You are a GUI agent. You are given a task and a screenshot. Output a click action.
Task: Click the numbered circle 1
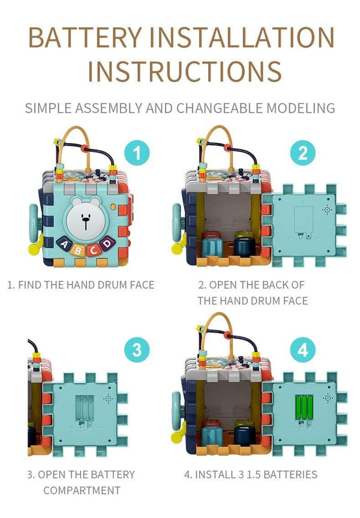137,153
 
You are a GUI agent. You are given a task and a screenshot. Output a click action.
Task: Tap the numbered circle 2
303,153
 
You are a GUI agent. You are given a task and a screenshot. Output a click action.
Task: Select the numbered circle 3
137,349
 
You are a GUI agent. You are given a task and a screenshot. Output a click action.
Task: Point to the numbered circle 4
303,349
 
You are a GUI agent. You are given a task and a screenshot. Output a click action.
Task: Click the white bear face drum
86,219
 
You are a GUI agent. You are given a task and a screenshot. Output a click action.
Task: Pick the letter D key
106,244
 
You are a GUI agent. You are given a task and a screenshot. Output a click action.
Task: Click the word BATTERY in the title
85,37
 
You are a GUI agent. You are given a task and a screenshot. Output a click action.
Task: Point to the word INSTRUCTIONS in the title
185,71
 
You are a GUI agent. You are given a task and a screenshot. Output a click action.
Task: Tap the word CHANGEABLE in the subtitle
220,109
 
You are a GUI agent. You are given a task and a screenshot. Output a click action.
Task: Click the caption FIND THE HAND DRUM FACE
81,285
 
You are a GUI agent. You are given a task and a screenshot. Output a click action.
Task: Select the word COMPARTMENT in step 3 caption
82,490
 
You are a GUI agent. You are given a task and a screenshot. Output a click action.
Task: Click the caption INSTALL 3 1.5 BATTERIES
251,474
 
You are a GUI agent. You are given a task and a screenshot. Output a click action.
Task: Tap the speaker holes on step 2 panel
328,209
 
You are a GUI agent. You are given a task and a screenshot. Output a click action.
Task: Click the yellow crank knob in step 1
34,248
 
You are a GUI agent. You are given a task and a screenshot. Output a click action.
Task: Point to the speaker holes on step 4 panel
328,398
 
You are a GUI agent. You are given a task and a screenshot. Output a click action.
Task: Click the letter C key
93,250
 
